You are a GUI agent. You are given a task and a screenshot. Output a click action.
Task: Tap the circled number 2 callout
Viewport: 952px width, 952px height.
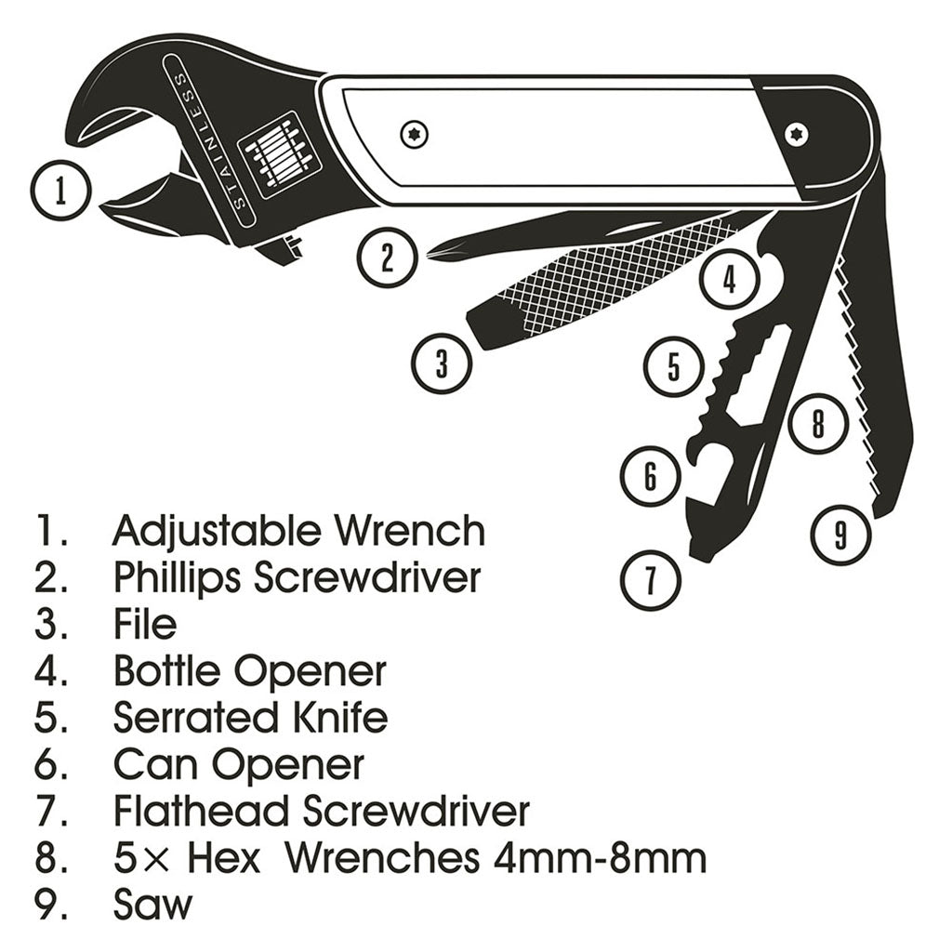tap(388, 258)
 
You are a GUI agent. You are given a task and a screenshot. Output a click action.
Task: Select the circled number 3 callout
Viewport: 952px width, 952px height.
tap(442, 363)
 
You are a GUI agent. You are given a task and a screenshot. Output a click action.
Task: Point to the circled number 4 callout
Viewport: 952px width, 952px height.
tap(730, 278)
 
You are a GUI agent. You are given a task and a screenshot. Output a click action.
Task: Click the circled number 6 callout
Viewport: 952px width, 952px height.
tap(650, 476)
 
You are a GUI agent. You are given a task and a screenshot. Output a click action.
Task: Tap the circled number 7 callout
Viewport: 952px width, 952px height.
tap(651, 579)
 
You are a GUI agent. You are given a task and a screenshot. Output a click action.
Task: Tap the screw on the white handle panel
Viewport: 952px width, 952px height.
tap(413, 136)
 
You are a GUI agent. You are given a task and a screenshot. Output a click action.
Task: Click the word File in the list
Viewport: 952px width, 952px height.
tap(145, 623)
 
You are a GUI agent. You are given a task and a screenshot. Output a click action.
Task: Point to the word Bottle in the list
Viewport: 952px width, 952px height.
tap(167, 670)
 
